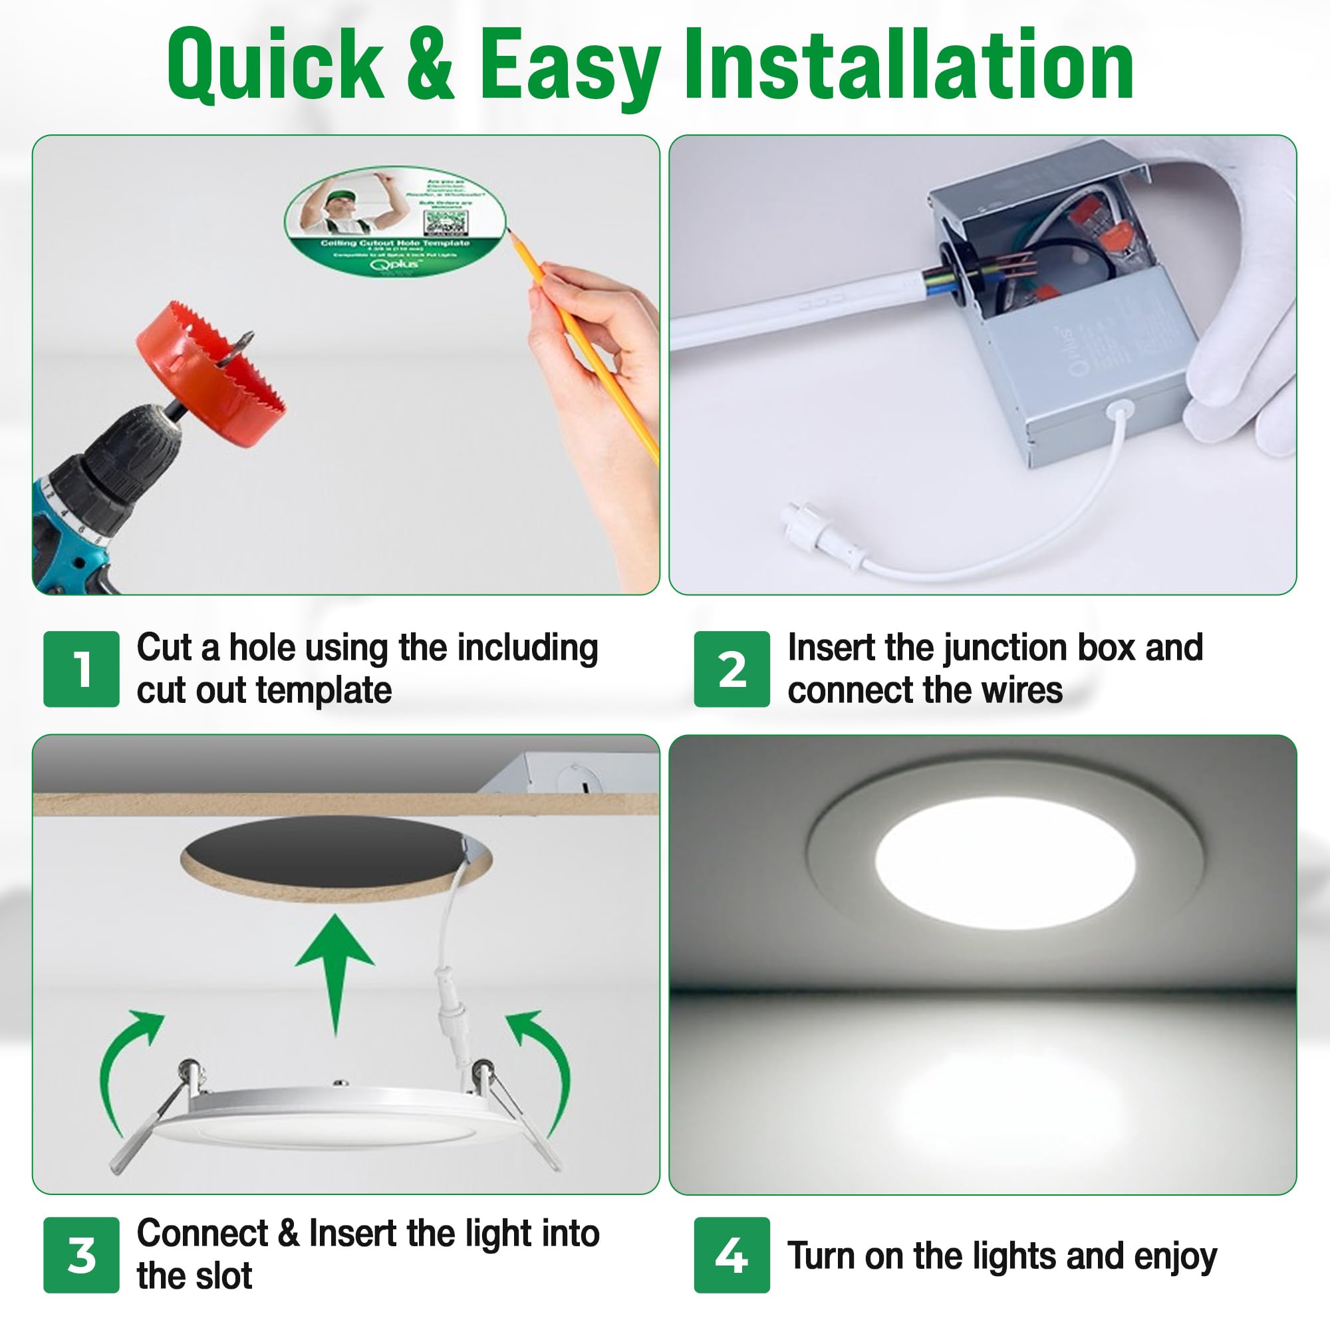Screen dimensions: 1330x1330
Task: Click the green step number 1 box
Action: point(81,668)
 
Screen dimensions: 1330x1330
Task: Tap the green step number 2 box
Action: point(731,668)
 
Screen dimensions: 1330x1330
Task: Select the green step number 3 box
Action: point(81,1254)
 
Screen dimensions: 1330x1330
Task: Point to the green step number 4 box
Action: point(731,1254)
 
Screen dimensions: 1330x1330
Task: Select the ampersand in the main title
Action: point(430,65)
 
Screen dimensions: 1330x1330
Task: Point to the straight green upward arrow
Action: point(334,971)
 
